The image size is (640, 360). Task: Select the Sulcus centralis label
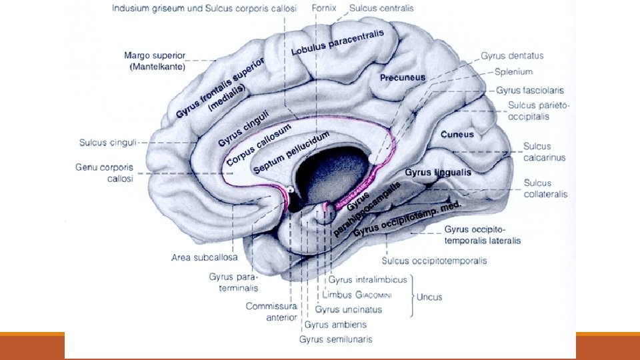(381, 9)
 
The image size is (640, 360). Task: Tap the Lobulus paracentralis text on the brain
(337, 43)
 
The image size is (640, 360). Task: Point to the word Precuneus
(403, 78)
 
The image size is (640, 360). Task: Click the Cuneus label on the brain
(457, 134)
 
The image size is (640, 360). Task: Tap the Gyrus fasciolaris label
(530, 89)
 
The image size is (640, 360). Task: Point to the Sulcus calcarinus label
(544, 152)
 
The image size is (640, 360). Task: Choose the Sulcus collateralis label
(545, 189)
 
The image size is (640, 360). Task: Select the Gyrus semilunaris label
(335, 339)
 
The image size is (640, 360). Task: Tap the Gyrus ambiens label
(335, 325)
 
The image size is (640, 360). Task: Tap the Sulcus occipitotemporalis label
(434, 261)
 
